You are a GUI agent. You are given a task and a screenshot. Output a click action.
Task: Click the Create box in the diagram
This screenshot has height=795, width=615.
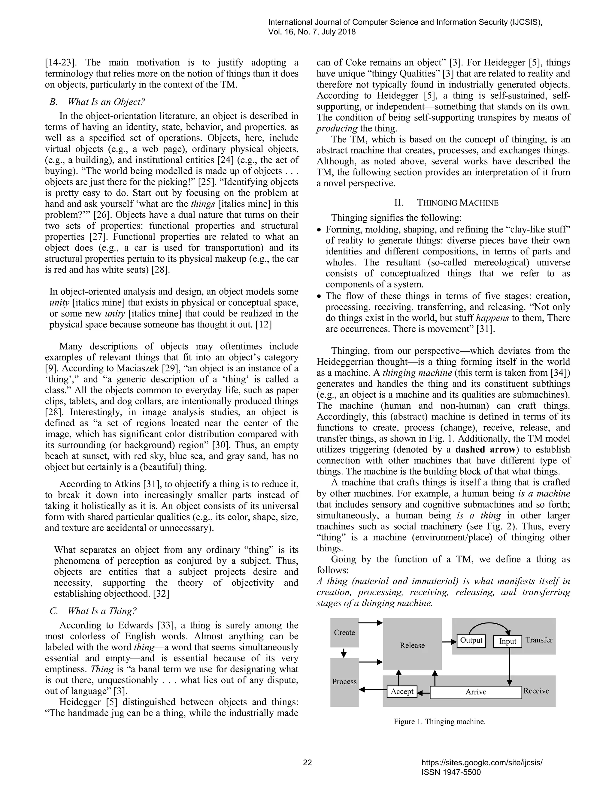click(x=344, y=633)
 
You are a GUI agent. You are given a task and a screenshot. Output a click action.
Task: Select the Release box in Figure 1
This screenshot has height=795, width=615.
click(x=412, y=645)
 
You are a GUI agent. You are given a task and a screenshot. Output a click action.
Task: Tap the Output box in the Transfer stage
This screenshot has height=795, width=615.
click(x=471, y=640)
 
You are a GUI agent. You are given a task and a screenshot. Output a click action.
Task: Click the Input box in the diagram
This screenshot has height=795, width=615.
click(x=507, y=641)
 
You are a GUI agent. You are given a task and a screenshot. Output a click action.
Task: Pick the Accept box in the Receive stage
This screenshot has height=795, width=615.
click(x=402, y=691)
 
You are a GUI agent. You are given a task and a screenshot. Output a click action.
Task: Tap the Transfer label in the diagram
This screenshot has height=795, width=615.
click(x=539, y=640)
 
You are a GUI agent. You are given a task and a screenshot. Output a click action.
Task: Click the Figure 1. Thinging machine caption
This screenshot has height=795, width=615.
click(x=439, y=721)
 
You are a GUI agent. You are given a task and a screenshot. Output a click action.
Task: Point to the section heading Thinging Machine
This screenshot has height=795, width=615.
click(x=457, y=203)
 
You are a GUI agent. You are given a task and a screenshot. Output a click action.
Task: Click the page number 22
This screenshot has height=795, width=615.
click(x=307, y=763)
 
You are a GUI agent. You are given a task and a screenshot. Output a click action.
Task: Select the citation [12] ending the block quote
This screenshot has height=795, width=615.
click(x=264, y=325)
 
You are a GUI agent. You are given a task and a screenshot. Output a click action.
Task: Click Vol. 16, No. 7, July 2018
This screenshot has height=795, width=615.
click(x=312, y=32)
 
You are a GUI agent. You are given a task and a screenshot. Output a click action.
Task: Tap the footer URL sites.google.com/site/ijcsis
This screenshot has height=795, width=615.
click(x=482, y=763)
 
